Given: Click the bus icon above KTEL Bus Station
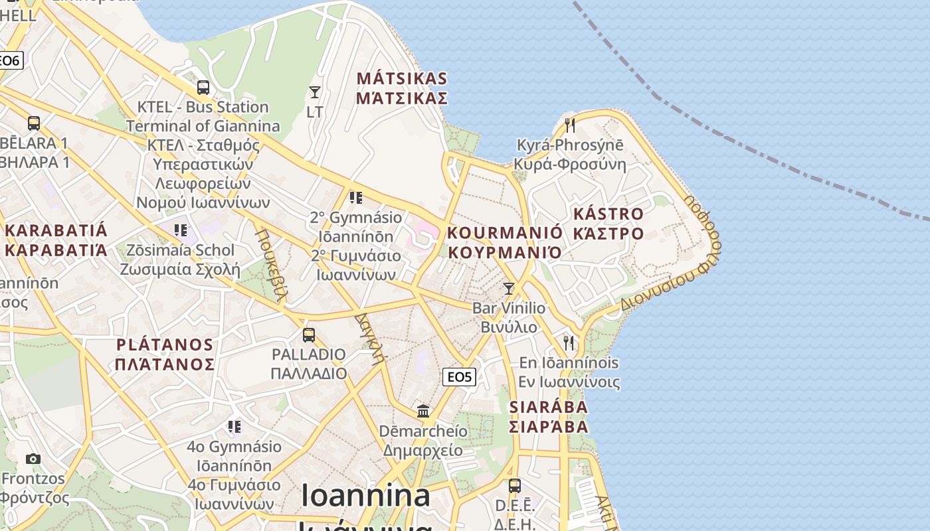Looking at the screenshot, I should [x=203, y=87].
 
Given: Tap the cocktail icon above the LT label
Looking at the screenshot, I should [x=315, y=92].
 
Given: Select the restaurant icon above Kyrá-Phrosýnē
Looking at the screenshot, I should [x=569, y=124].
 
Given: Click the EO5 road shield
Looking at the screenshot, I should [x=459, y=377].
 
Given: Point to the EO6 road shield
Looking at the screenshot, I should [x=11, y=60].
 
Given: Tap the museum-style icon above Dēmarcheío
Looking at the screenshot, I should [x=423, y=411].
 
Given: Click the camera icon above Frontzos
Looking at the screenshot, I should [x=33, y=459].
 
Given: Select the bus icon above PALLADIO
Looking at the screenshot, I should [x=308, y=335].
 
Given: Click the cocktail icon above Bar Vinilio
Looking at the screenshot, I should [x=509, y=288].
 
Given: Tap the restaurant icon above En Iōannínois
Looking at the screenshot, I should [x=569, y=342].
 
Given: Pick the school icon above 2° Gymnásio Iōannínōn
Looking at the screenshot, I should [x=356, y=197].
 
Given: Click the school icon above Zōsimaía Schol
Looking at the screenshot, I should [x=180, y=230].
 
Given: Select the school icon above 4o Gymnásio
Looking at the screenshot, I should [x=234, y=425].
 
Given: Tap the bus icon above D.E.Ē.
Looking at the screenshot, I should [x=515, y=485].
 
